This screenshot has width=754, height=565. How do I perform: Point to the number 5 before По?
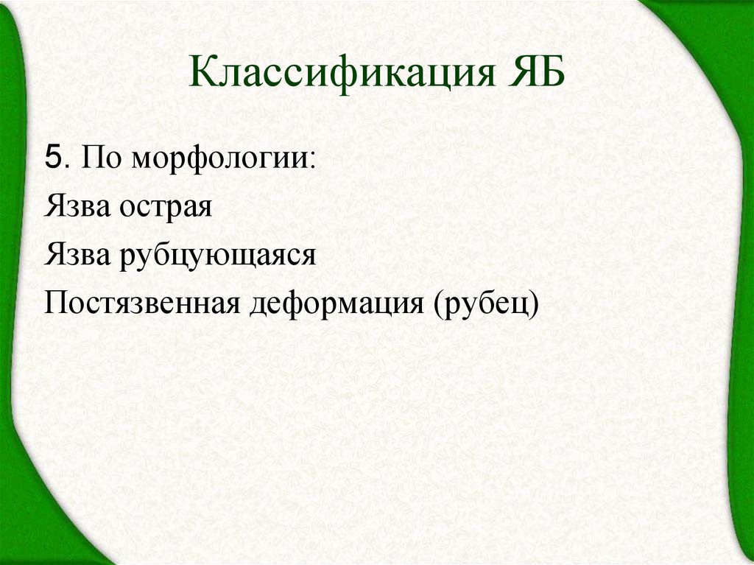[x=52, y=158]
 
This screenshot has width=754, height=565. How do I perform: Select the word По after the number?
[x=97, y=158]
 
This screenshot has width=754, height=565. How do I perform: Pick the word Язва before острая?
[x=77, y=206]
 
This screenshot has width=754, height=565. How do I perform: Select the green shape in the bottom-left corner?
[x=37, y=516]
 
